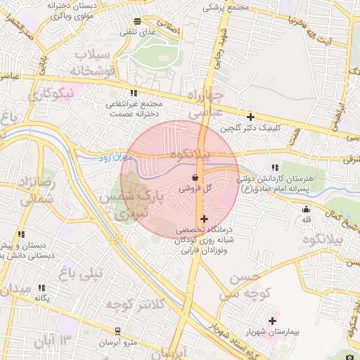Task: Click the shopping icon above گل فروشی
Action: [x=194, y=179]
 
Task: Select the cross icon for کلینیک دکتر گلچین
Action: [x=250, y=117]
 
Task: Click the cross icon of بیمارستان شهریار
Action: [x=272, y=321]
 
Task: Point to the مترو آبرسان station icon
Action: [x=117, y=330]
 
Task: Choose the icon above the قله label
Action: [x=306, y=209]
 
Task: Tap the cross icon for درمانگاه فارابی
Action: [x=204, y=219]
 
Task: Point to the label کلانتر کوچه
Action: [x=135, y=304]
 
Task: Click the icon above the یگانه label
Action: [x=41, y=288]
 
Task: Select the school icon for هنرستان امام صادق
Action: [x=275, y=167]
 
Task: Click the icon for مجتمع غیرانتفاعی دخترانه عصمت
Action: [x=134, y=93]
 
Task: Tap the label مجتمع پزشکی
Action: [x=226, y=6]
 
